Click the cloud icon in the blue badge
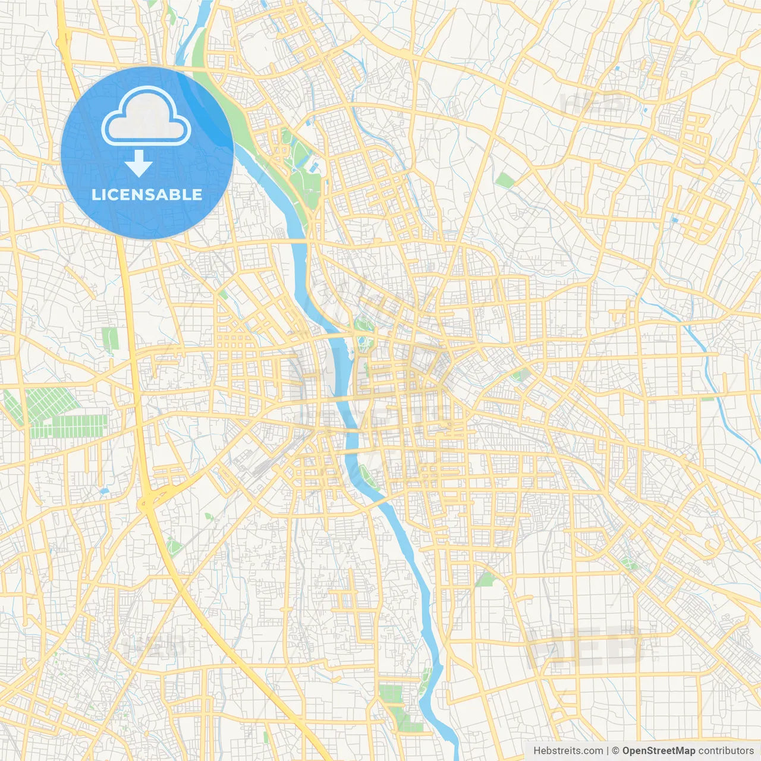point(146,117)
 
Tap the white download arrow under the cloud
point(139,163)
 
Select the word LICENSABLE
point(147,194)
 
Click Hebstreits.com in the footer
point(568,750)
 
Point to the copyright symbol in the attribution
point(616,750)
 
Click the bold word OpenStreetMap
point(658,750)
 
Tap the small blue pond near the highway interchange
point(104,492)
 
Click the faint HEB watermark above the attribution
point(586,645)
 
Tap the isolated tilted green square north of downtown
point(505,180)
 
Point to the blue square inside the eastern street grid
point(674,219)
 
